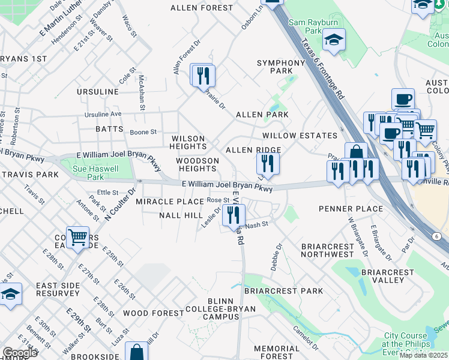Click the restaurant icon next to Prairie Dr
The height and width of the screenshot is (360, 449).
(203, 76)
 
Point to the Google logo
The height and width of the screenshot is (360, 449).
(20, 353)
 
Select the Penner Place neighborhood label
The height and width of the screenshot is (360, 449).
(351, 209)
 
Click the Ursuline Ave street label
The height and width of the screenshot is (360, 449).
(103, 114)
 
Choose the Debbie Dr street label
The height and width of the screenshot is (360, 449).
(276, 256)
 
